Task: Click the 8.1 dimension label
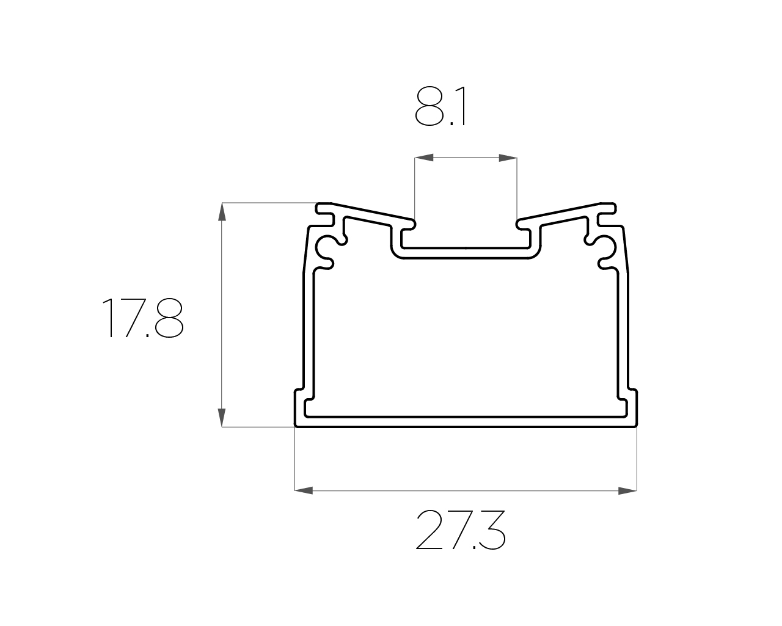tap(440, 106)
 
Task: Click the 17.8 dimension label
tap(143, 318)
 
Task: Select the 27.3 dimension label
tap(461, 530)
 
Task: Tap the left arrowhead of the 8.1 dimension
tap(424, 158)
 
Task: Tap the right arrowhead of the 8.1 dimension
tap(508, 158)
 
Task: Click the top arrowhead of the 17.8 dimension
tap(222, 212)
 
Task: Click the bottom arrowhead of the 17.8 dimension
tap(222, 418)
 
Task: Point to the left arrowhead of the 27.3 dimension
tap(304, 491)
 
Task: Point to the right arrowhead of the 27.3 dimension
tap(627, 491)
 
